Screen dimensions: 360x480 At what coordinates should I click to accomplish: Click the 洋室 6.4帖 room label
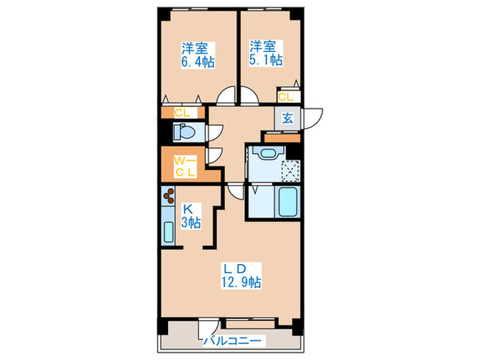pos(197,55)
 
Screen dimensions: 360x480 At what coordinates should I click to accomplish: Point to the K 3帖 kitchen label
pos(191,215)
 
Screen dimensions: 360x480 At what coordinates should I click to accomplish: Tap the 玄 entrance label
pos(287,117)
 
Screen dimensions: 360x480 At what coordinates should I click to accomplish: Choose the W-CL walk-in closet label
pos(184,167)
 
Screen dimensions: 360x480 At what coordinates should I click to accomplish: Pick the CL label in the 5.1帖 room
pos(287,97)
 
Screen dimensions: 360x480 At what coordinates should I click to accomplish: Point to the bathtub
pos(289,202)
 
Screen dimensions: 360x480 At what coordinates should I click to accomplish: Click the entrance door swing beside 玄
pos(312,118)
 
